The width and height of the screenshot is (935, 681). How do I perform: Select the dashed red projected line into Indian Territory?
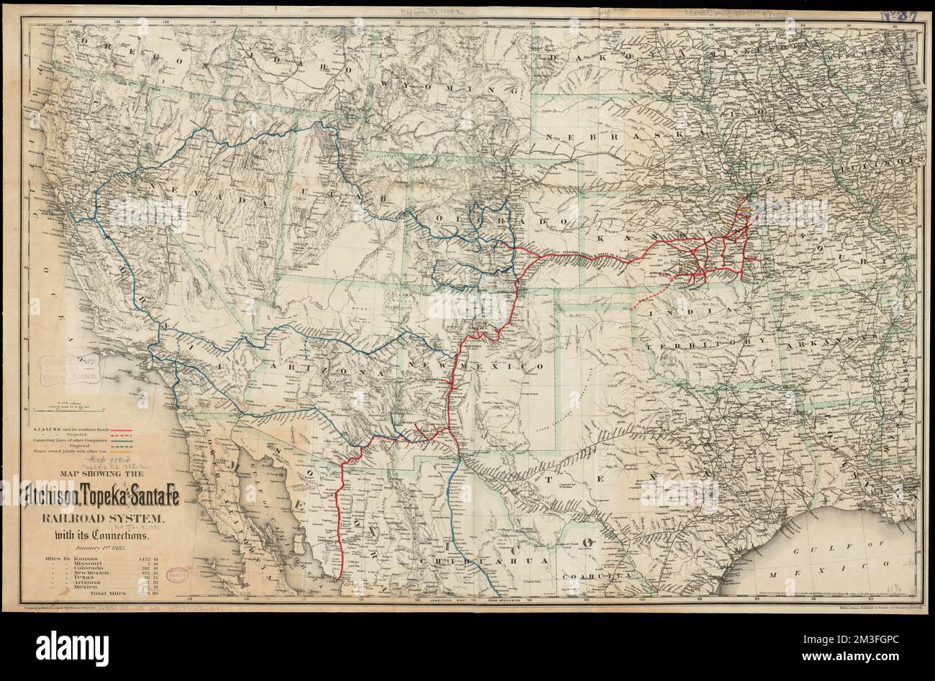coord(651,298)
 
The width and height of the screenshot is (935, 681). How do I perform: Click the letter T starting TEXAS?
coord(550,477)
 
